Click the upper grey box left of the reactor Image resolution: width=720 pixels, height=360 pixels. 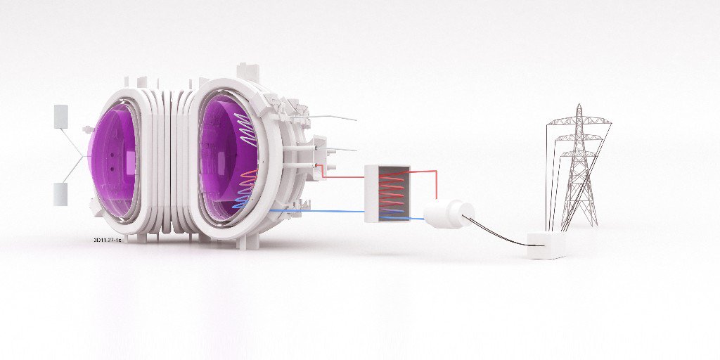[60, 116]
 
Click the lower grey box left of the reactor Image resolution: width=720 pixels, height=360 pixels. [60, 193]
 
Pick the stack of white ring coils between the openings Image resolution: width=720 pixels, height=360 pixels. [172, 162]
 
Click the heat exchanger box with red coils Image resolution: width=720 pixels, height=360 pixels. [387, 193]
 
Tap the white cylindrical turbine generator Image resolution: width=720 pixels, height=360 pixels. [449, 213]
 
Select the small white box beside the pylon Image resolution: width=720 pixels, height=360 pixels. [546, 245]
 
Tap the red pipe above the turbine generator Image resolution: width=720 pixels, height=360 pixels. [436, 184]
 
